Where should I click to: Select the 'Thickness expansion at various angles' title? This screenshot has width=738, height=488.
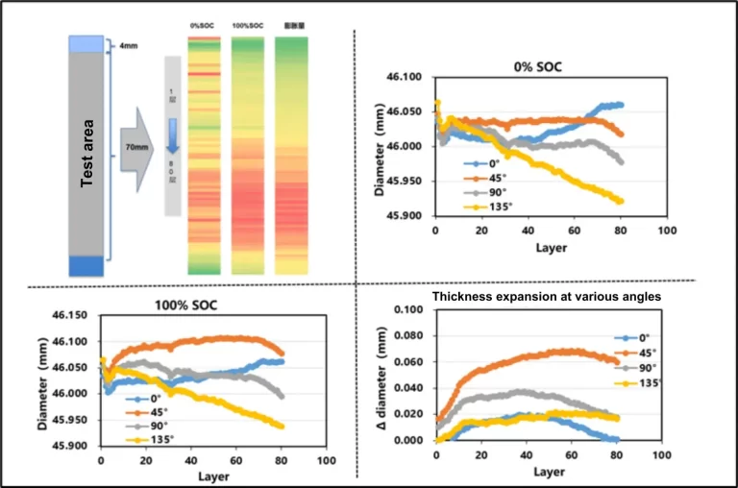tap(547, 297)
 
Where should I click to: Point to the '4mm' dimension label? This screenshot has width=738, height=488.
tap(128, 44)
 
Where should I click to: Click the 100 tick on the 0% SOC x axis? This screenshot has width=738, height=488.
tap(667, 232)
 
